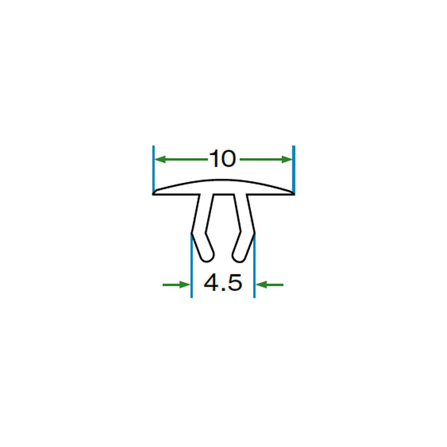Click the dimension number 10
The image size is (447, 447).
pyautogui.click(x=222, y=159)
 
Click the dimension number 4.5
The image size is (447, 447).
pyautogui.click(x=223, y=283)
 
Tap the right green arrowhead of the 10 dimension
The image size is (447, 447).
pyautogui.click(x=287, y=159)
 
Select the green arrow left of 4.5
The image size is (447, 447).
pyautogui.click(x=176, y=284)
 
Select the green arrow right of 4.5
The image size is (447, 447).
pyautogui.click(x=269, y=284)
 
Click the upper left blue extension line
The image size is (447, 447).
pyautogui.click(x=153, y=170)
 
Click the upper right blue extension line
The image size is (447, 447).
pyautogui.click(x=294, y=170)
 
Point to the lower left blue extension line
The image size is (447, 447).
pyautogui.click(x=191, y=265)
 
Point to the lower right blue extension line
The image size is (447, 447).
pyautogui.click(x=254, y=265)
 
